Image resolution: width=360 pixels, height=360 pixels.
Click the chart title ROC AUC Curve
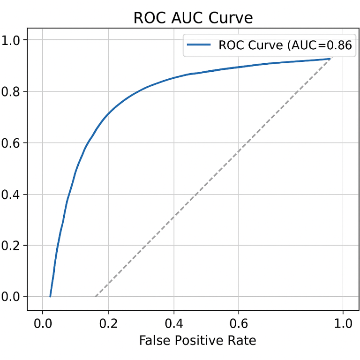coord(193,18)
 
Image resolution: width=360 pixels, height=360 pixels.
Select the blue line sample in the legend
coord(199,45)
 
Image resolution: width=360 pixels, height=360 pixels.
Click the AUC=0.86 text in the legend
coord(319,45)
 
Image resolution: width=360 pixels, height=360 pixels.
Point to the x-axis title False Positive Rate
coord(197,340)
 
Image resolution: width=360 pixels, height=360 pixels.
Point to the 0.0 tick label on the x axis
coord(43,323)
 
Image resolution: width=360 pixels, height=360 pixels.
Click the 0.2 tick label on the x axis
coord(108,323)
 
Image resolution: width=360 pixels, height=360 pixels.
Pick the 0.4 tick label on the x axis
coord(173,323)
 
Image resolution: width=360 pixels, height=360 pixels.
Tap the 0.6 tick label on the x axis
coord(239,323)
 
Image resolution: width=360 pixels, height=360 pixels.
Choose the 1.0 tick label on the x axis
coord(343,323)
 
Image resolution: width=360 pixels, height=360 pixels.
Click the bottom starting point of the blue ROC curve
coord(50,296)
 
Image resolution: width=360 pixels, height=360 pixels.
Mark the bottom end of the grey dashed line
coord(96,296)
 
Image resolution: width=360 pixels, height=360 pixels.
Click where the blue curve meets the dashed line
coord(330,59)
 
